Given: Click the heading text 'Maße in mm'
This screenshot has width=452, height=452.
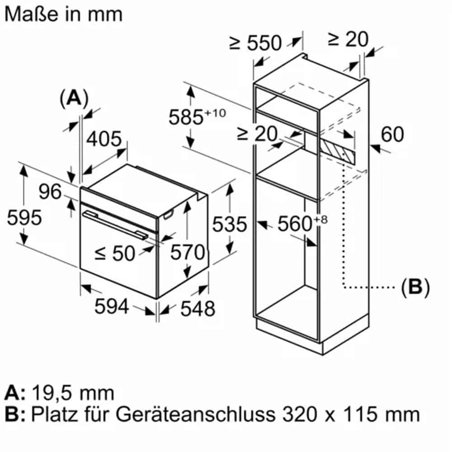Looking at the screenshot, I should (64, 14).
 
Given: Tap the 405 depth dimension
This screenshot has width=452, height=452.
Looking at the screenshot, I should (104, 139).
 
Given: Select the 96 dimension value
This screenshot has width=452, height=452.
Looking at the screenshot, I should (50, 192).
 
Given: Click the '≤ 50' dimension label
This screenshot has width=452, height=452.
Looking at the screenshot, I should (115, 254).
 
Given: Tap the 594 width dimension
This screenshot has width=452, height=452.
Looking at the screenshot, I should (112, 307).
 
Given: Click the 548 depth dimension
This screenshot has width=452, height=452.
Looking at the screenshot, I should (197, 309).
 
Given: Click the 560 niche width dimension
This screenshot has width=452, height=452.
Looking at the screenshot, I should (296, 223).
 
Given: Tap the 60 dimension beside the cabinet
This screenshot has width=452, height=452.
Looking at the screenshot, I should (393, 134).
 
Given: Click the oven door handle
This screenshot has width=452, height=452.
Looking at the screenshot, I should (113, 223).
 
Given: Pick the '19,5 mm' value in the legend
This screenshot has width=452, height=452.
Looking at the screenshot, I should (73, 393).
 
